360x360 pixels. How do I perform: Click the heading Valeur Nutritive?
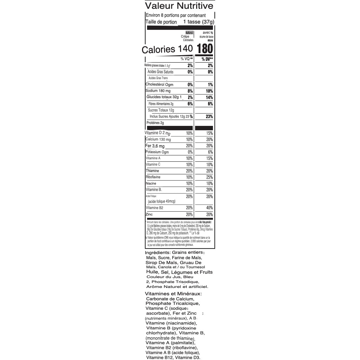[x=179, y=6]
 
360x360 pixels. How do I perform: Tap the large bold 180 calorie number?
[x=205, y=49]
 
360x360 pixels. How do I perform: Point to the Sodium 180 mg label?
[x=158, y=91]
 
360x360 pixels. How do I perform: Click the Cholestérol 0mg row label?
[x=159, y=84]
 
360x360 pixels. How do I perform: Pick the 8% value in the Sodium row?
[x=190, y=91]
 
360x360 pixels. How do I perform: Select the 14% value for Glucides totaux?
[x=209, y=97]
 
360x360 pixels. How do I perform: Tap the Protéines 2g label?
[x=155, y=123]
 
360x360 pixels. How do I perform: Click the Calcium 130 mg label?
[x=158, y=140]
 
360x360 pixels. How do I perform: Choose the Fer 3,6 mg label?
[x=155, y=146]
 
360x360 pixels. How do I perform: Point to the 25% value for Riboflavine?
[x=210, y=177]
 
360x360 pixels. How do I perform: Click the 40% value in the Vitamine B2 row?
[x=209, y=208]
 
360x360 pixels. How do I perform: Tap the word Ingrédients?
[x=157, y=252]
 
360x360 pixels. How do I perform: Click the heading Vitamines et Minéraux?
[x=173, y=294]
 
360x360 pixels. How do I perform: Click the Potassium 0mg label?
[x=157, y=152]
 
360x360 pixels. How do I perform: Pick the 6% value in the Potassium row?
[x=210, y=152]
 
